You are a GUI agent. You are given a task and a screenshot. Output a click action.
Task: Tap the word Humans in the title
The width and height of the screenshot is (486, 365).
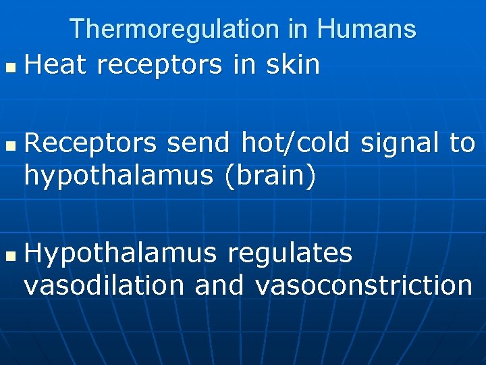367,29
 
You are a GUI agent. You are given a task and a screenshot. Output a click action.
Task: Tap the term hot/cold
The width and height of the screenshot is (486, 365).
296,143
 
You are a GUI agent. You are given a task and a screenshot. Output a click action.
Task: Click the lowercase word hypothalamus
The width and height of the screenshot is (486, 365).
119,176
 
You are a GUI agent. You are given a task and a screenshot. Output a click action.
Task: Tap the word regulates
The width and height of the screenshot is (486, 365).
290,254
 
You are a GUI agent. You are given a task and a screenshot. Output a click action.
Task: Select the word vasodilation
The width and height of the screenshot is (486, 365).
104,285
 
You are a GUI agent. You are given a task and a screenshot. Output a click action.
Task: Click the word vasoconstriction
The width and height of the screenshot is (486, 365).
364,285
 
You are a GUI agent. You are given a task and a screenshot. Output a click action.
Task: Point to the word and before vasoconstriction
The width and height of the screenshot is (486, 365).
219,285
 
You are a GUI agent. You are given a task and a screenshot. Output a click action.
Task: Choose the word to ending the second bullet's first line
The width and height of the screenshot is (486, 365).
462,143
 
